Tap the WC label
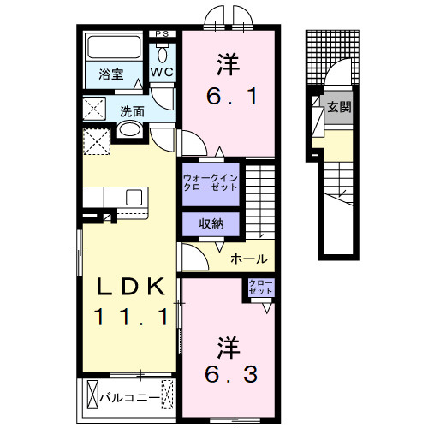163,73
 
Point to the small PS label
163,33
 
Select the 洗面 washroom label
131,110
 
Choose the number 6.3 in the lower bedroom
227,372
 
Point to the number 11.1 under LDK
128,318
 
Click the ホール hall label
248,259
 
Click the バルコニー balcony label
128,397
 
